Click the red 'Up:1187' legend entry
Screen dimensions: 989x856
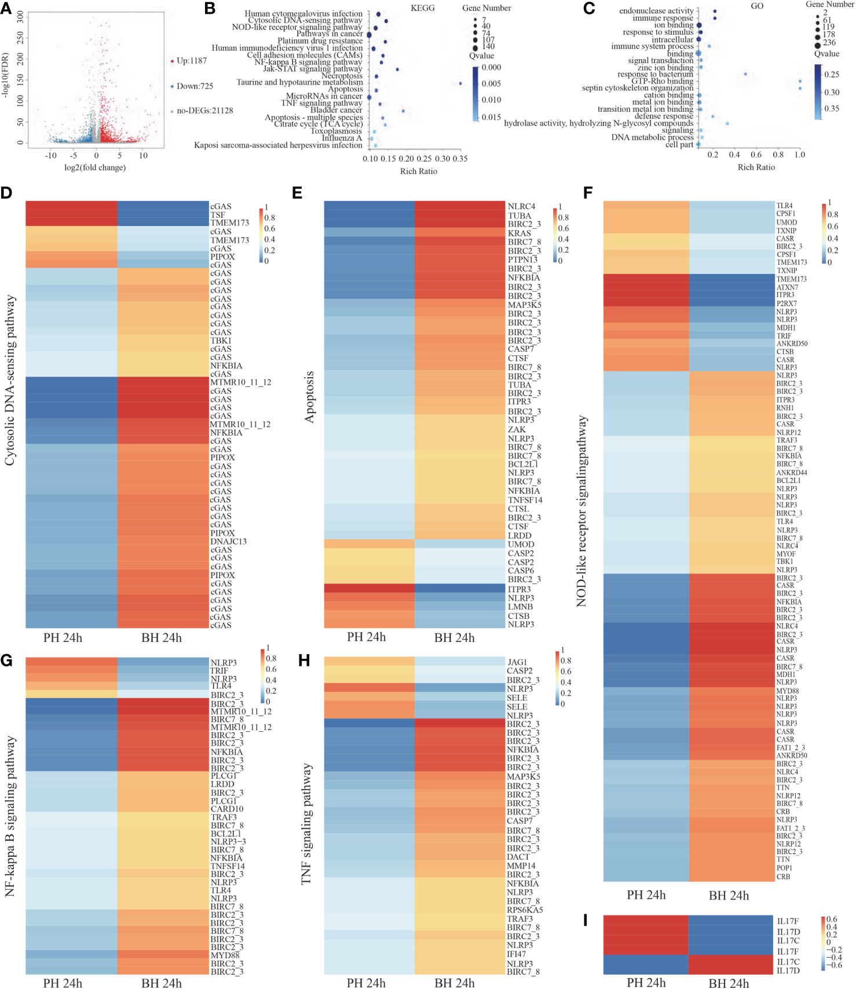pyautogui.click(x=191, y=61)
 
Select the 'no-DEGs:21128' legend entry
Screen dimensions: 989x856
pyautogui.click(x=204, y=111)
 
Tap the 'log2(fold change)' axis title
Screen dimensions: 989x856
pyautogui.click(x=95, y=167)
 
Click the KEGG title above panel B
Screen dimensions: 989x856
pyautogui.click(x=422, y=8)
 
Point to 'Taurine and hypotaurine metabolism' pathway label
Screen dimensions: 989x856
pyautogui.click(x=299, y=82)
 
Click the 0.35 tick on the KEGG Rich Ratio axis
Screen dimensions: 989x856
pyautogui.click(x=460, y=159)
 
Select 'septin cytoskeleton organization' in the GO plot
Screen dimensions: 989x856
pyautogui.click(x=637, y=88)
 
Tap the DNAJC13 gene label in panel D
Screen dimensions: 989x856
pyautogui.click(x=228, y=542)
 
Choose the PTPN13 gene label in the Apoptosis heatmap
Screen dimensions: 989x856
pyautogui.click(x=522, y=260)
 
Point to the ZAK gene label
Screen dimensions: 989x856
pyautogui.click(x=517, y=429)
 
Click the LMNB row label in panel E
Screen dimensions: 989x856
pyautogui.click(x=520, y=607)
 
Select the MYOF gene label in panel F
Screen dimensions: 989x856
pyautogui.click(x=786, y=554)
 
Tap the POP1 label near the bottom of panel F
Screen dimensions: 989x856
pyautogui.click(x=784, y=868)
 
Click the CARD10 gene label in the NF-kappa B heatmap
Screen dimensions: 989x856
pyautogui.click(x=227, y=809)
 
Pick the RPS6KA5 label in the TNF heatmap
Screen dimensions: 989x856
pyautogui.click(x=525, y=910)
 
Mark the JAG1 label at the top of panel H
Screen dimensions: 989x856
pyautogui.click(x=517, y=662)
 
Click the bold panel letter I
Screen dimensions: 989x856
pyautogui.click(x=586, y=921)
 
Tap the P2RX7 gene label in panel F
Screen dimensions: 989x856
pyautogui.click(x=787, y=304)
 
